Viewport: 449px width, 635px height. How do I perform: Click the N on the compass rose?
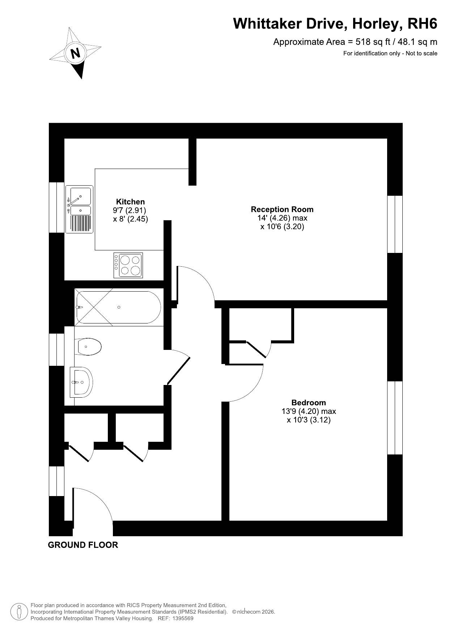click(75, 54)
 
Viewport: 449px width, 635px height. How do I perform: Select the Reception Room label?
click(282, 209)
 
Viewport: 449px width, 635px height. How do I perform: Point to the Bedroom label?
click(309, 402)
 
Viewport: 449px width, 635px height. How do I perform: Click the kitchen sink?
click(79, 209)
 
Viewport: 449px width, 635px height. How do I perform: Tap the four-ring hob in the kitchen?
click(128, 265)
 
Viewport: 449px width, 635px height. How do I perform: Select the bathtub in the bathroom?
click(118, 307)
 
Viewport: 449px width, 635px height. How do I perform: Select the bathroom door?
click(178, 366)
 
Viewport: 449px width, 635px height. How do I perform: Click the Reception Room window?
click(395, 224)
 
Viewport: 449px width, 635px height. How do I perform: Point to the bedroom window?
click(395, 418)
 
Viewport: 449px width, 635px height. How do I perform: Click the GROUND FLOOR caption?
click(83, 545)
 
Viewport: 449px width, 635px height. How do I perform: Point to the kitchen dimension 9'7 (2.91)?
click(129, 210)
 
